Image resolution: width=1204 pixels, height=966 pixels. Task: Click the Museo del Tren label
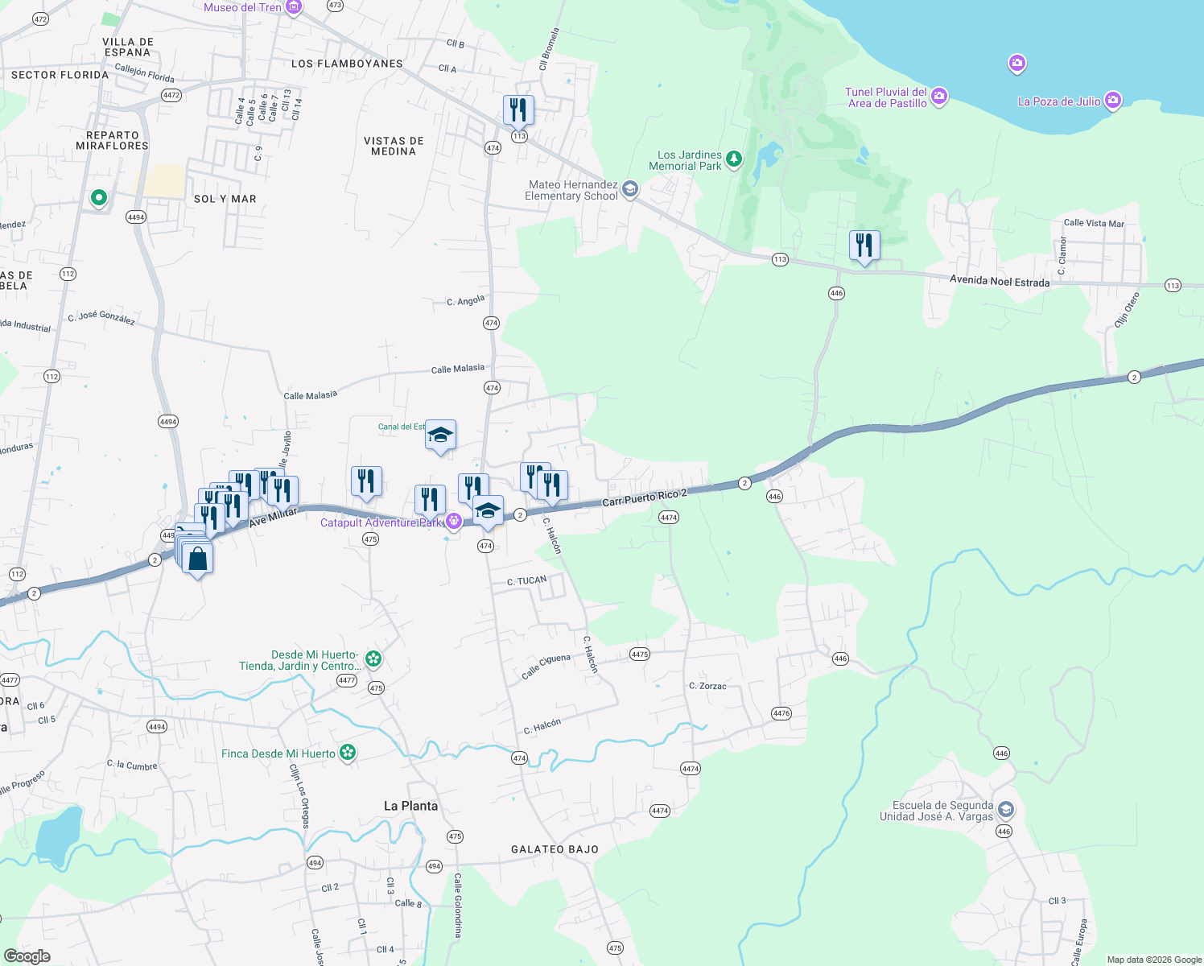click(242, 7)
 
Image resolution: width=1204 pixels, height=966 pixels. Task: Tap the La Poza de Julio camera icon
click(1113, 100)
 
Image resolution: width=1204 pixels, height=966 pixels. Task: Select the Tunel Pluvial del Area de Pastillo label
click(885, 97)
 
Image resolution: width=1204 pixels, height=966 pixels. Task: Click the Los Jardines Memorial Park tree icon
click(733, 159)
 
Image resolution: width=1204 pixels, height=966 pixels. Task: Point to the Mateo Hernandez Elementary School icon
click(629, 190)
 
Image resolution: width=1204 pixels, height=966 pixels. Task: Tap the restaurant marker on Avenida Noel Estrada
click(864, 245)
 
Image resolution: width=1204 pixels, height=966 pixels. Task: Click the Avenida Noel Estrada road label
click(1000, 281)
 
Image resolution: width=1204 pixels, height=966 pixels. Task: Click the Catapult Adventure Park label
click(382, 522)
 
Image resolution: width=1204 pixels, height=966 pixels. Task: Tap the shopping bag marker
click(197, 558)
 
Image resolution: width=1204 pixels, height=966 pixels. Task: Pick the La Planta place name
click(410, 806)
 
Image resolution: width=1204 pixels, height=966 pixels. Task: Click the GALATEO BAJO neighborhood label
click(555, 849)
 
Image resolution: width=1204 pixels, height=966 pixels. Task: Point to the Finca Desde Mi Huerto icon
click(348, 753)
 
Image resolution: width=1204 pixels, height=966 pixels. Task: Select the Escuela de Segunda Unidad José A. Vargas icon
click(1005, 810)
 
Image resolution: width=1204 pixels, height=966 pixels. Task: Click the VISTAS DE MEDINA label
click(394, 146)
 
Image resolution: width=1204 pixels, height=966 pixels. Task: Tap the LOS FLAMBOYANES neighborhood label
click(347, 64)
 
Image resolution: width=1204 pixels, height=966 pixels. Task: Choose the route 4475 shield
click(640, 654)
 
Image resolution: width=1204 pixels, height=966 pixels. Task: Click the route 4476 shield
click(781, 713)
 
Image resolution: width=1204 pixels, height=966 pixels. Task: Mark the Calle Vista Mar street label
click(1094, 223)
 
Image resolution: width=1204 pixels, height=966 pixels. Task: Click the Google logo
click(27, 956)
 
